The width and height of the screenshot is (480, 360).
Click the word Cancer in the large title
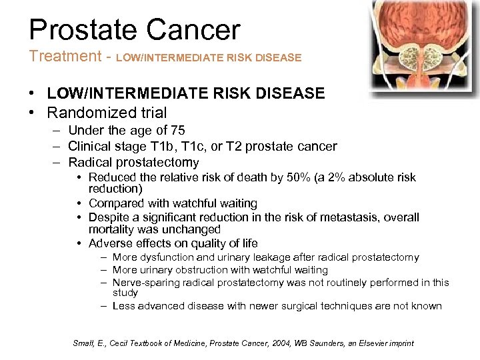(193, 30)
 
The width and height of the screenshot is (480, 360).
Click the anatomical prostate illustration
(425, 47)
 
